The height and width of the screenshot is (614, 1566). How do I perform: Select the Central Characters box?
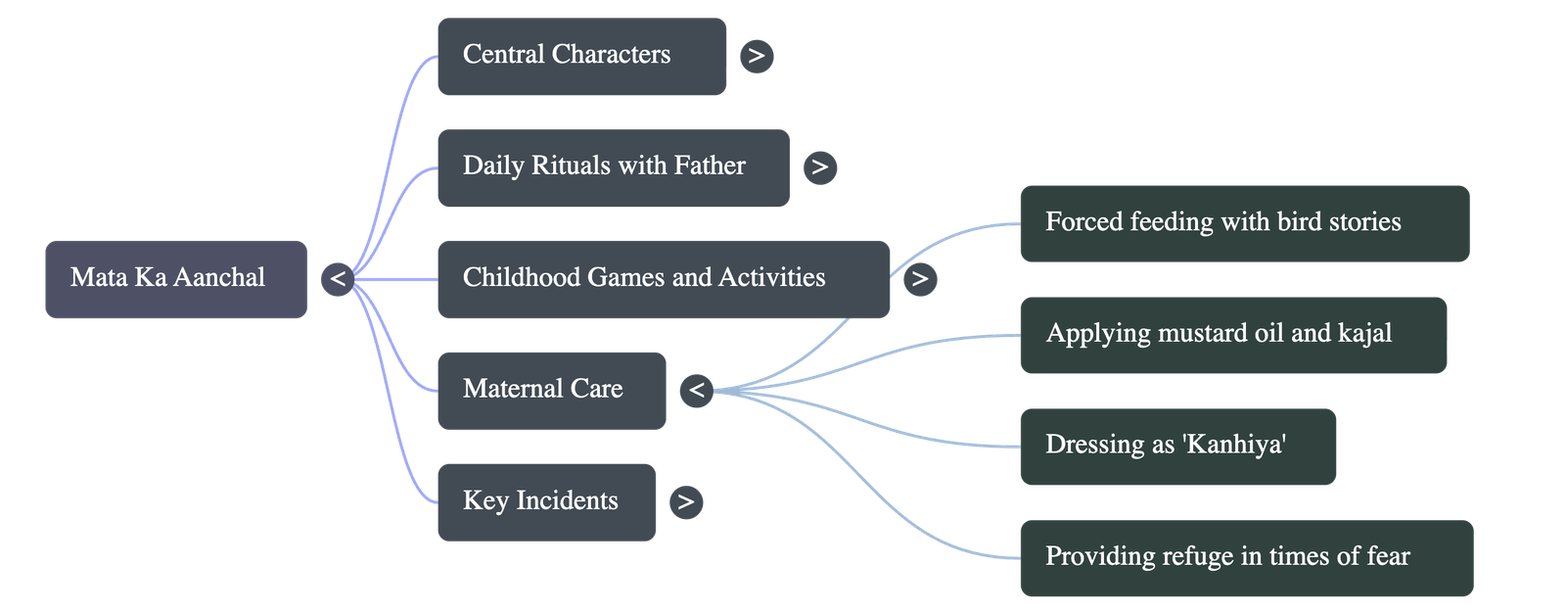pyautogui.click(x=581, y=56)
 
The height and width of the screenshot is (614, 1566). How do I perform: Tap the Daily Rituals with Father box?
pyautogui.click(x=613, y=166)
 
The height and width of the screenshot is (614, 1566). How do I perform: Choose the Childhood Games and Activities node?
pyautogui.click(x=663, y=279)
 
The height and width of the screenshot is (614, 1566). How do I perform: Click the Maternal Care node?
pyautogui.click(x=551, y=390)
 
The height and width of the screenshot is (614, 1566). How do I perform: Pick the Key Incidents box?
pyautogui.click(x=546, y=501)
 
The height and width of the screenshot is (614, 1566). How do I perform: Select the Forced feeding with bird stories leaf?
pyautogui.click(x=1244, y=223)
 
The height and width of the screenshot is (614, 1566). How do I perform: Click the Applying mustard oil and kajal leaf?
pyautogui.click(x=1232, y=334)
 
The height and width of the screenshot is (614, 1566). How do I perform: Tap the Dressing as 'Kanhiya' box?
pyautogui.click(x=1177, y=446)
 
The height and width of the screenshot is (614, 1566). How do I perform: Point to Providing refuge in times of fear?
pyautogui.click(x=1246, y=557)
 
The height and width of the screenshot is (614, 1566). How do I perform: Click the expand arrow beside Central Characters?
pyautogui.click(x=757, y=56)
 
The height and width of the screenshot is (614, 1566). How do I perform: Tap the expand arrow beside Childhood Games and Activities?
pyautogui.click(x=919, y=279)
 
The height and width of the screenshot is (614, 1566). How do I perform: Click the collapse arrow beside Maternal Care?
pyautogui.click(x=696, y=390)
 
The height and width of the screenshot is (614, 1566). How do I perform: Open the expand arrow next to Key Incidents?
pyautogui.click(x=686, y=501)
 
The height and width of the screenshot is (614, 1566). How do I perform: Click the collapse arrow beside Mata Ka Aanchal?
pyautogui.click(x=338, y=279)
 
